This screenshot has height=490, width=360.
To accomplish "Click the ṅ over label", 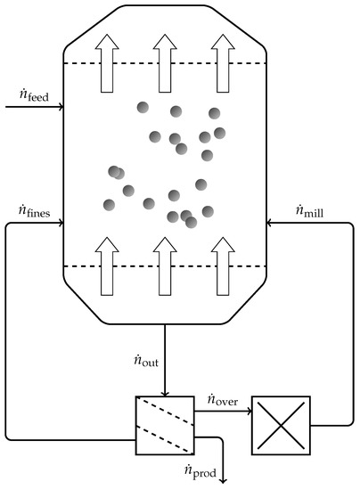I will coord(222,398).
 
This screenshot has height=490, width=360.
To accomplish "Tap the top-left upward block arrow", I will coord(109,62).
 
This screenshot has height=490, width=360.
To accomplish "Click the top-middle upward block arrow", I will coord(165,62).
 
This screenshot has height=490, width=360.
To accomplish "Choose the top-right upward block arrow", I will coord(221,62).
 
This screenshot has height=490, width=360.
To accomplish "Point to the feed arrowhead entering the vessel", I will coord(60,108).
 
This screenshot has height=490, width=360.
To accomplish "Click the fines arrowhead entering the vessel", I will coord(60,224).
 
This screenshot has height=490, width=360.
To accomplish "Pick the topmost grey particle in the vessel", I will coord(143,108).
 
